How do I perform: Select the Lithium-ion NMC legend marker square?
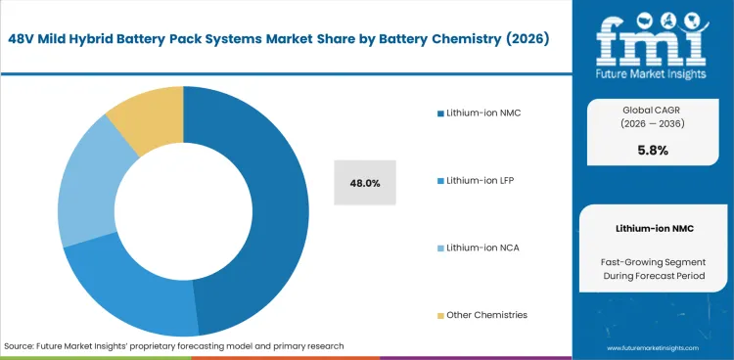[x=440, y=113]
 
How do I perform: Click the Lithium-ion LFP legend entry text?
[x=482, y=181]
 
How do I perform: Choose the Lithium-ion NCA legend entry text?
[x=482, y=247]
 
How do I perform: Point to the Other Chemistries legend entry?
[x=486, y=315]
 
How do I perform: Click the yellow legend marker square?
[x=440, y=315]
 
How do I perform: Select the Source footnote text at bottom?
[x=174, y=346]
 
